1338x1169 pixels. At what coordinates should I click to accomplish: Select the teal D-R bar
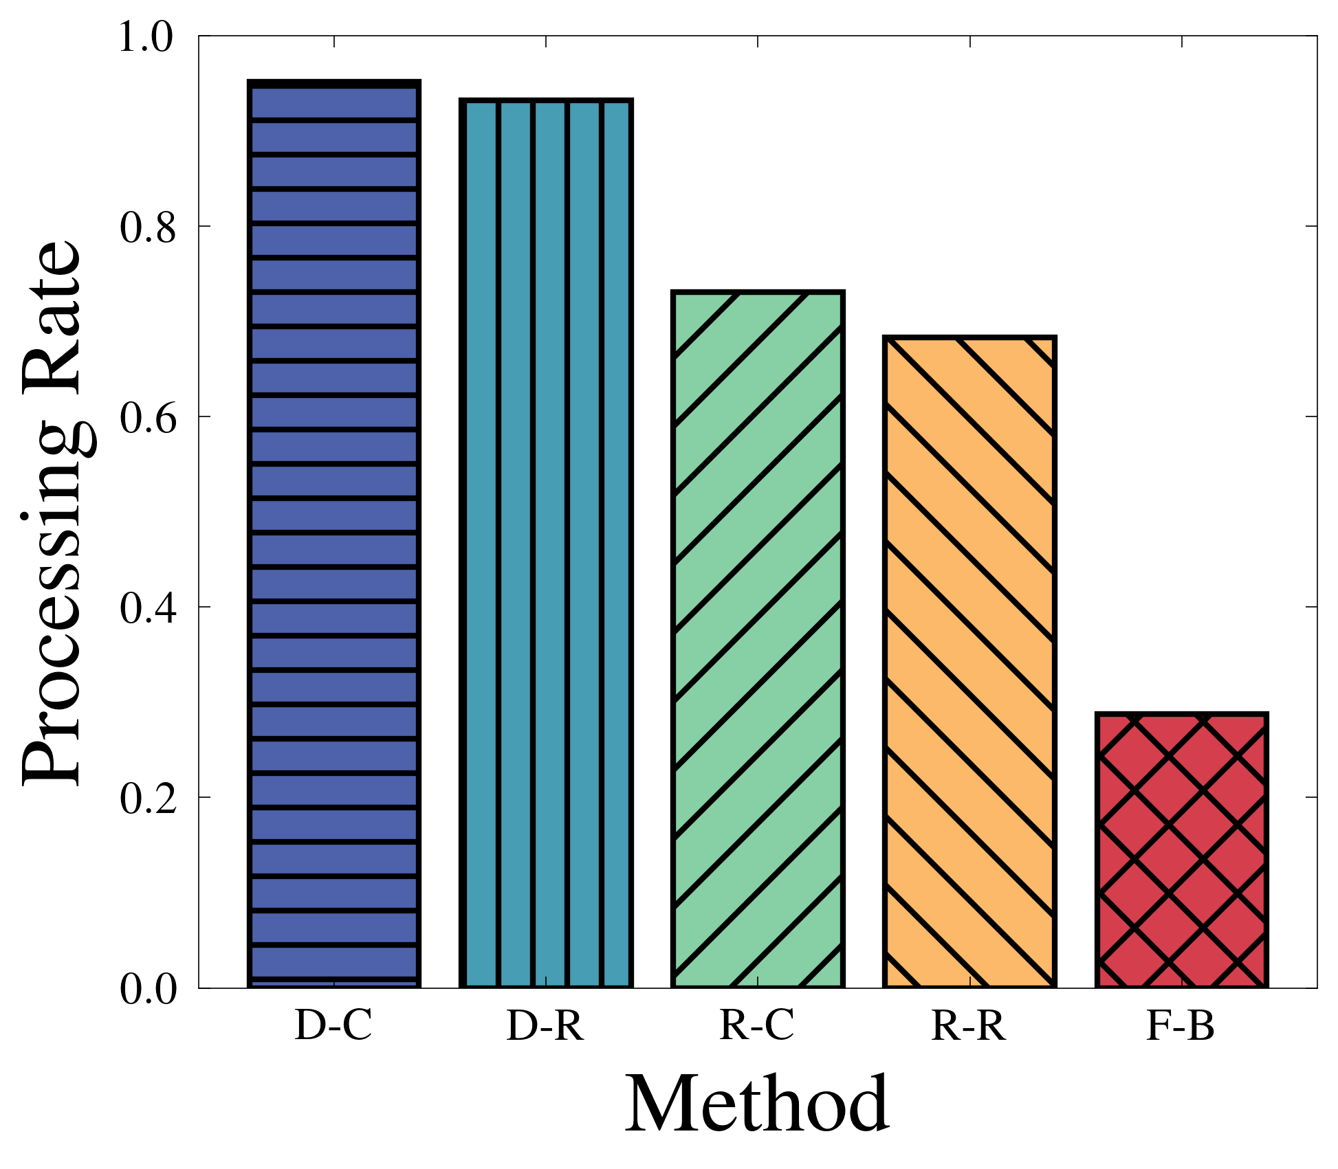click(546, 544)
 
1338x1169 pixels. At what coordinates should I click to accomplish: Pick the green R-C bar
click(758, 639)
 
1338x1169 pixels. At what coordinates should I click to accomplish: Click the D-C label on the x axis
click(333, 1027)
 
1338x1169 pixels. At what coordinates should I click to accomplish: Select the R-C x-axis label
click(757, 1027)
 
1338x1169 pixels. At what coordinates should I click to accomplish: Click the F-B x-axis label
click(1181, 1027)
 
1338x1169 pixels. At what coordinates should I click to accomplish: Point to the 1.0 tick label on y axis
click(146, 37)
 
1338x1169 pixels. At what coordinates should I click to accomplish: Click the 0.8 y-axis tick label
click(146, 227)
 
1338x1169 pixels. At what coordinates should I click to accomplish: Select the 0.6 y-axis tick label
click(146, 418)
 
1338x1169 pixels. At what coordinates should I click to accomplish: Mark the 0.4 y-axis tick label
click(146, 608)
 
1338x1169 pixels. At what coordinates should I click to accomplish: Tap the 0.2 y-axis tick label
click(146, 799)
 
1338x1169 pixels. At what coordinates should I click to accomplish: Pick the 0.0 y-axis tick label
click(146, 990)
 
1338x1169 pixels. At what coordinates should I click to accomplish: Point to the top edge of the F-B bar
click(1181, 715)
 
